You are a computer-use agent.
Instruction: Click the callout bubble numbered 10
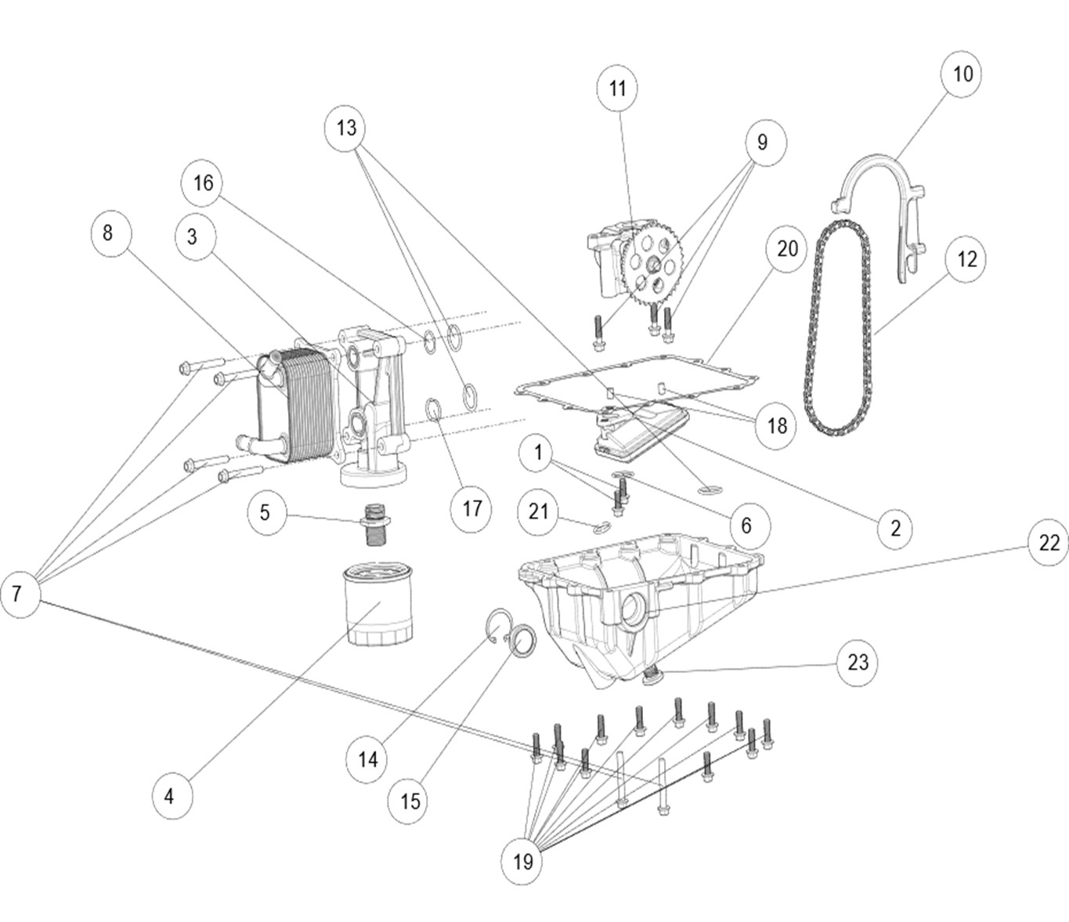pyautogui.click(x=962, y=74)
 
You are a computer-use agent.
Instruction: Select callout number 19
pyautogui.click(x=522, y=861)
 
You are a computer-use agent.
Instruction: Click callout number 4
pyautogui.click(x=170, y=797)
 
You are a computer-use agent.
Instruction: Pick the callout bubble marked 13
pyautogui.click(x=346, y=128)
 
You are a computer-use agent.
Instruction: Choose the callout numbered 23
pyautogui.click(x=858, y=662)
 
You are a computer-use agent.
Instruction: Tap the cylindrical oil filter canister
pyautogui.click(x=378, y=606)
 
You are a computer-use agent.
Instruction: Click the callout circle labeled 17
pyautogui.click(x=471, y=508)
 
